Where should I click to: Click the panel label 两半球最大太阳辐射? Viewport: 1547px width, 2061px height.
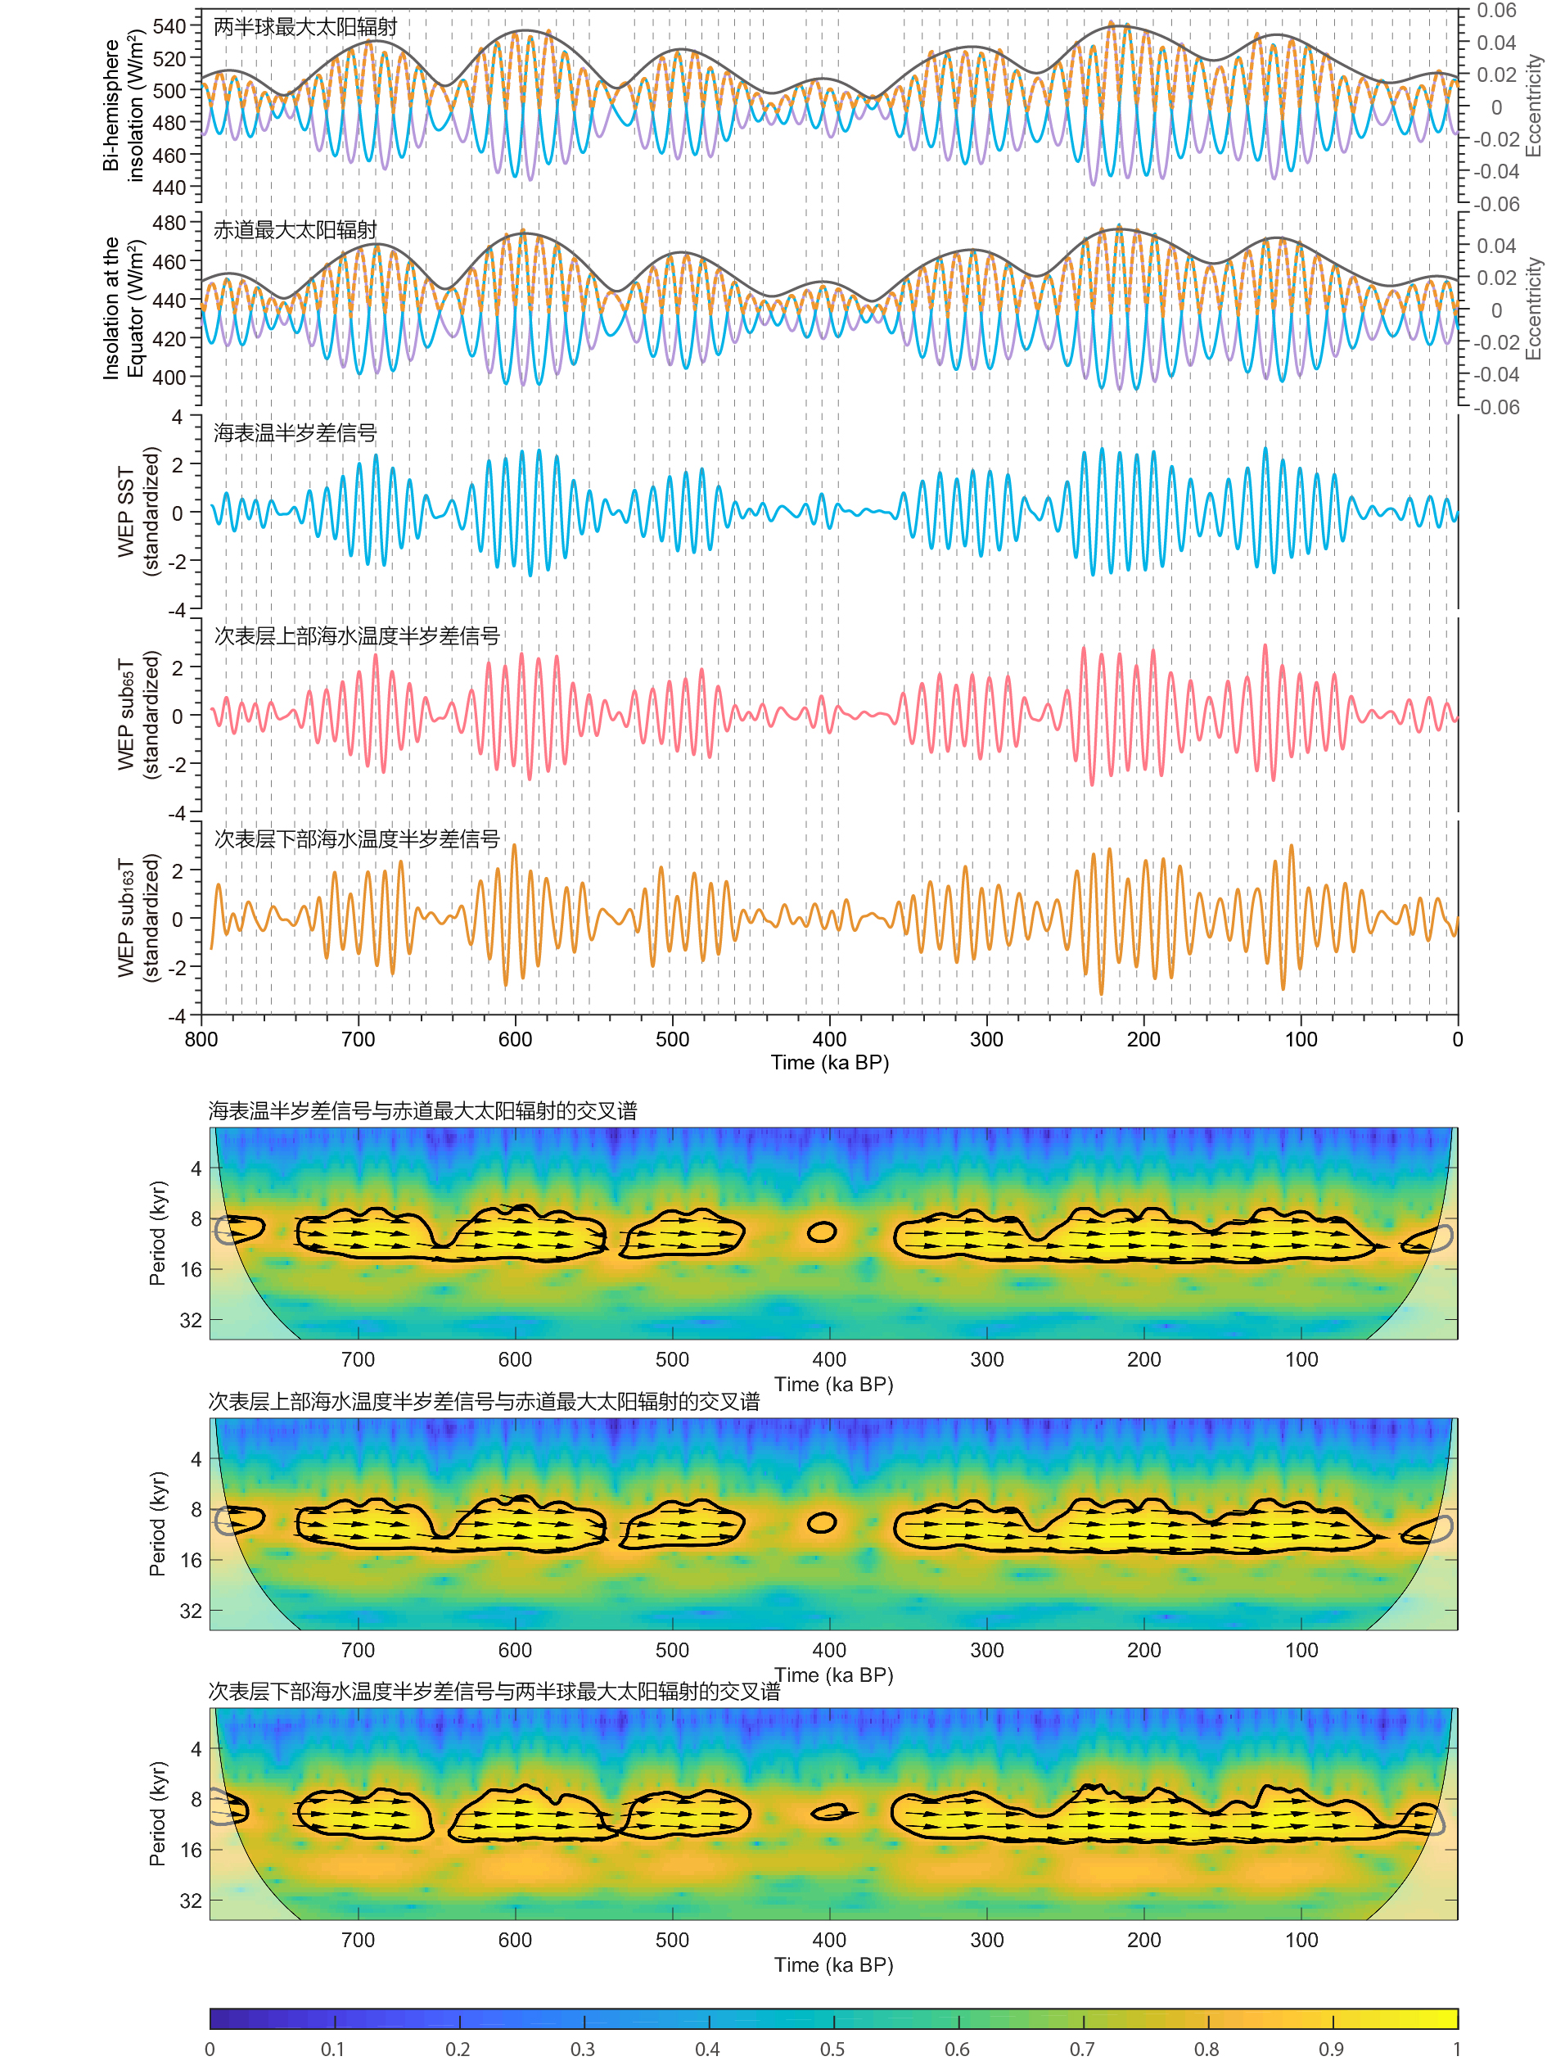(x=304, y=27)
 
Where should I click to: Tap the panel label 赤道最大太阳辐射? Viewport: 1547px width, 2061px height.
(x=295, y=230)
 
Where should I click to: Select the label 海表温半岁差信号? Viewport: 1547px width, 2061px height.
(x=295, y=433)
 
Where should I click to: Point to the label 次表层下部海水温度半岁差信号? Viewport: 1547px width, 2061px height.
(x=357, y=839)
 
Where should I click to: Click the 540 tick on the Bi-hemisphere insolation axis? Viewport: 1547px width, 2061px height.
(x=169, y=26)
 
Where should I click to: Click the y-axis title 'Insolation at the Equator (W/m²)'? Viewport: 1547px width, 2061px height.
(x=123, y=308)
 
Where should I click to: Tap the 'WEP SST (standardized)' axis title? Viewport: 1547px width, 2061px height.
(x=138, y=512)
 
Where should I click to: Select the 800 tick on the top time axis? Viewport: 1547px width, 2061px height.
(x=201, y=1039)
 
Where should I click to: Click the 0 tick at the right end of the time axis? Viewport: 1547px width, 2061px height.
(x=1457, y=1039)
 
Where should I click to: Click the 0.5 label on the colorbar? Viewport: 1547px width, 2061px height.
(x=832, y=2049)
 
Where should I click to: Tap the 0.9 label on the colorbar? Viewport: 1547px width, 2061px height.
(x=1331, y=2049)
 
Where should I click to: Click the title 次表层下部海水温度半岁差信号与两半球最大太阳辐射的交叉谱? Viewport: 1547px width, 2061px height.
(x=494, y=1691)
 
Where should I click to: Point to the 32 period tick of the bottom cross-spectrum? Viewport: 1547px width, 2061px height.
(x=190, y=1901)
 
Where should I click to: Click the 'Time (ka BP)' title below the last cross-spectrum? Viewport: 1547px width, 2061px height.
(x=832, y=1965)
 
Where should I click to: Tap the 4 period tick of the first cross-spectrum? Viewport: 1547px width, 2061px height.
(x=196, y=1168)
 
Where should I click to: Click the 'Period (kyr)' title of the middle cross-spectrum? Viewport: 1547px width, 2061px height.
(x=157, y=1525)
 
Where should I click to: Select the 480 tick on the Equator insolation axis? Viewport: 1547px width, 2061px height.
(x=169, y=223)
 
